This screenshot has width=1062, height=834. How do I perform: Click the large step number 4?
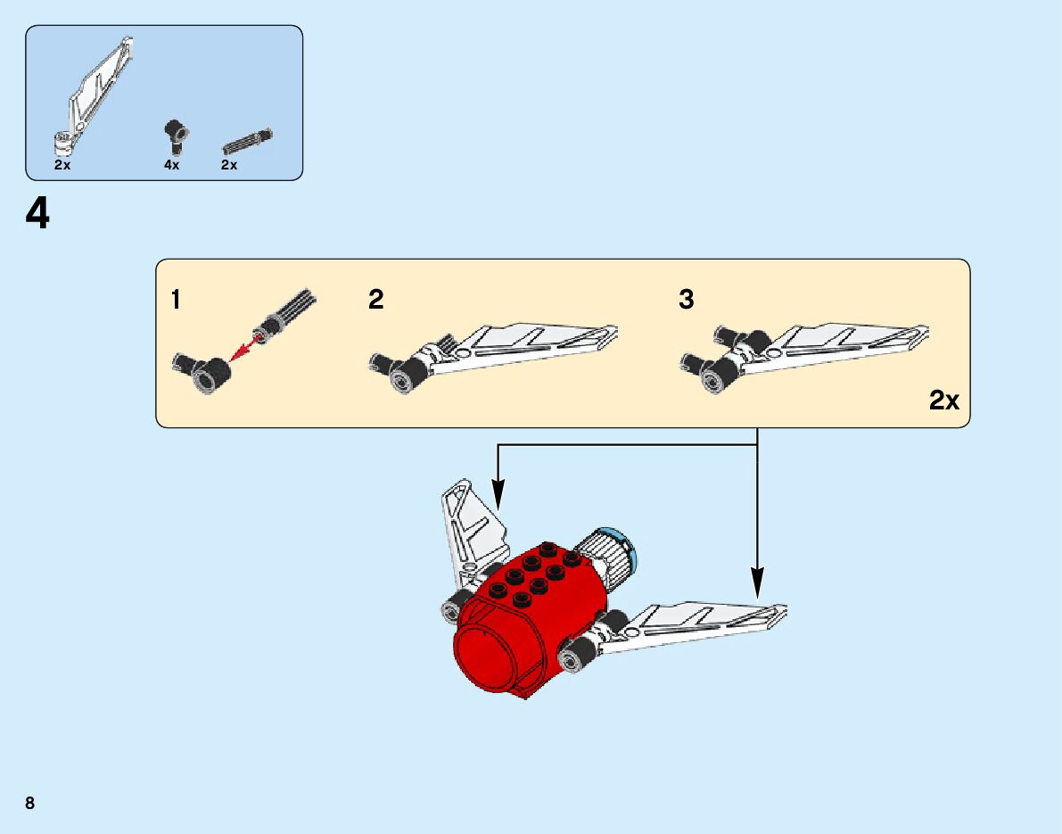coord(37,215)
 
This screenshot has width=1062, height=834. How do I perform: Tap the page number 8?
coord(30,803)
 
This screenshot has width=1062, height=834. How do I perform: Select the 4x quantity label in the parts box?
coord(171,165)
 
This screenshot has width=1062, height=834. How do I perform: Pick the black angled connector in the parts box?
coord(174,135)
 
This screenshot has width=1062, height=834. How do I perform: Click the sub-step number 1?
coord(176,301)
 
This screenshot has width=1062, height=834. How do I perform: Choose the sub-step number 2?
coord(375,301)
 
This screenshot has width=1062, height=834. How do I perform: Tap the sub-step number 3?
coord(686,301)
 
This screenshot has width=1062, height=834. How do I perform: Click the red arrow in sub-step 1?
coord(240,351)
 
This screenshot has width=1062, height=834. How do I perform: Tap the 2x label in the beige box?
coord(943,401)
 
